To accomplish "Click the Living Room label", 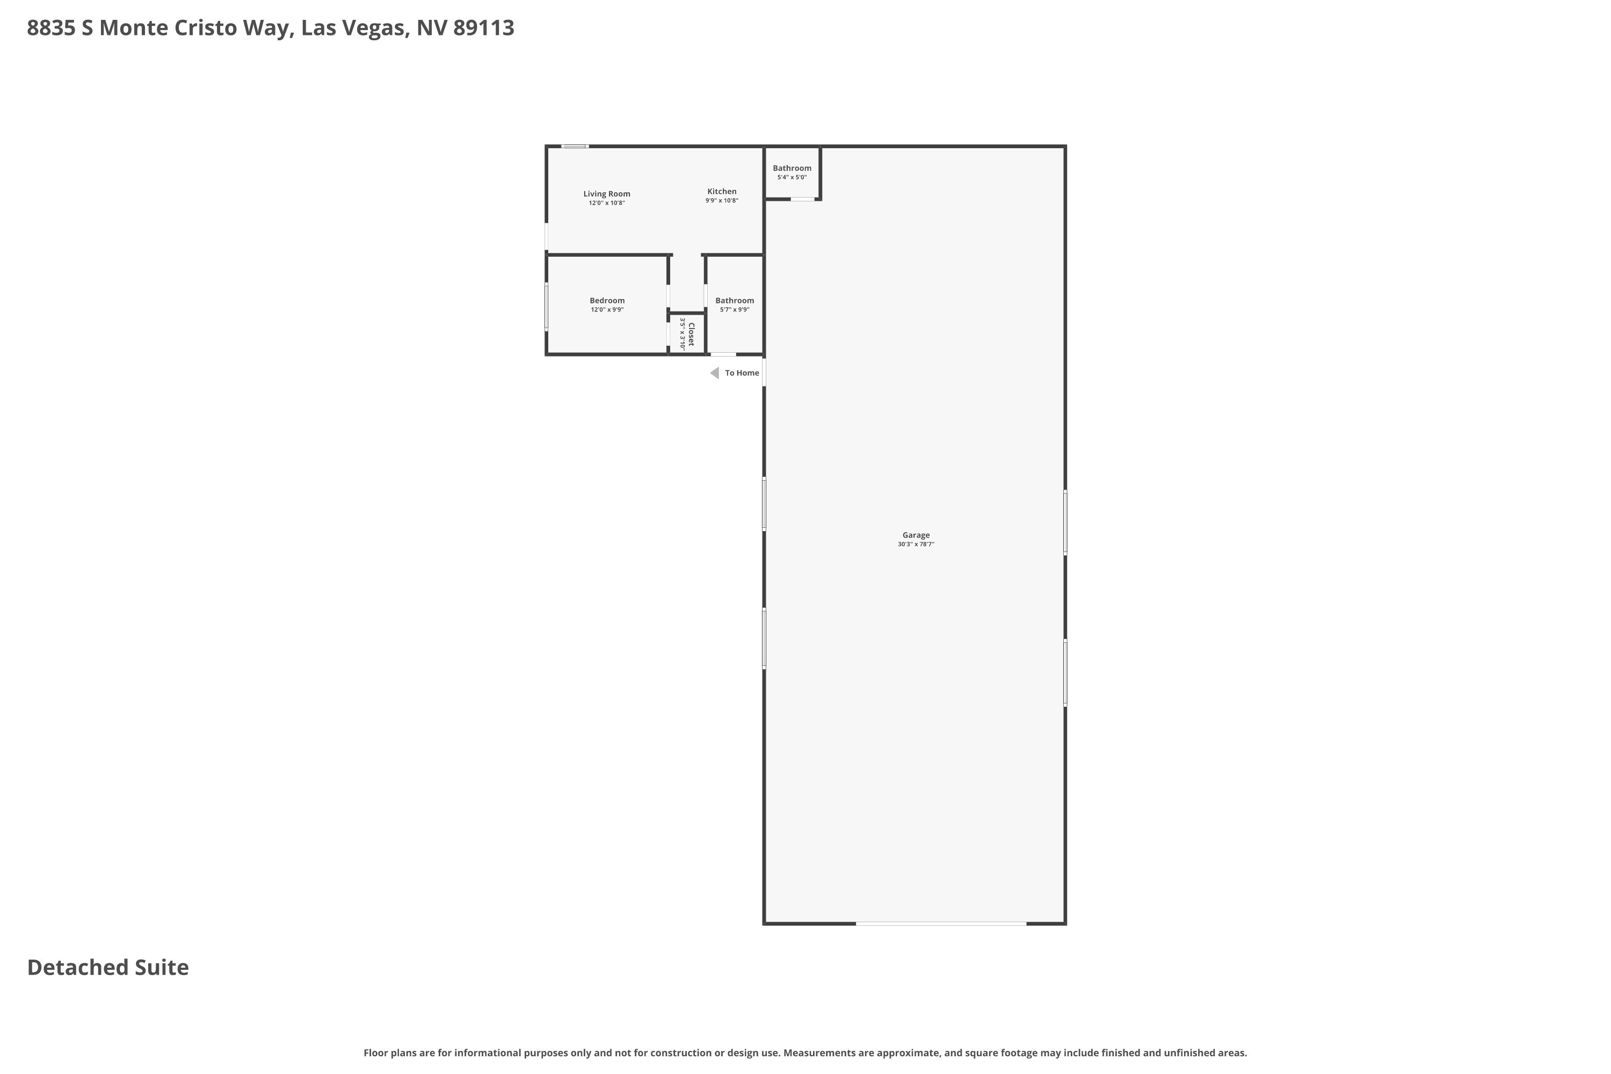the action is tap(606, 194).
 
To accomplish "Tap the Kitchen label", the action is tap(722, 192).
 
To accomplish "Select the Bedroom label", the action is tap(607, 301).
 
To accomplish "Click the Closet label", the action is tap(691, 334).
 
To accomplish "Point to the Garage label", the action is tap(916, 535).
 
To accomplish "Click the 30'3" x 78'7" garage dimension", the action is tap(916, 545).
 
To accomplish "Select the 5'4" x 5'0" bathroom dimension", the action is tap(792, 177).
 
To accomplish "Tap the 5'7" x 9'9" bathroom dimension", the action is tap(734, 310).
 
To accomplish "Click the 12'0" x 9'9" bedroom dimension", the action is tap(607, 310).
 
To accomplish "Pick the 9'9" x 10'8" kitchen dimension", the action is tap(722, 201).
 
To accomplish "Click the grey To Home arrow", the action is tap(714, 373).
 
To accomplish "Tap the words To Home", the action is tap(742, 373).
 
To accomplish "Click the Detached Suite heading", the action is tap(107, 968).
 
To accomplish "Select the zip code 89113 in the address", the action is tap(484, 28).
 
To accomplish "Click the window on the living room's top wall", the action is tap(575, 147).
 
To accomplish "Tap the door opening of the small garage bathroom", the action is tap(803, 199).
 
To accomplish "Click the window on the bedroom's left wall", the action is tap(547, 306).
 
